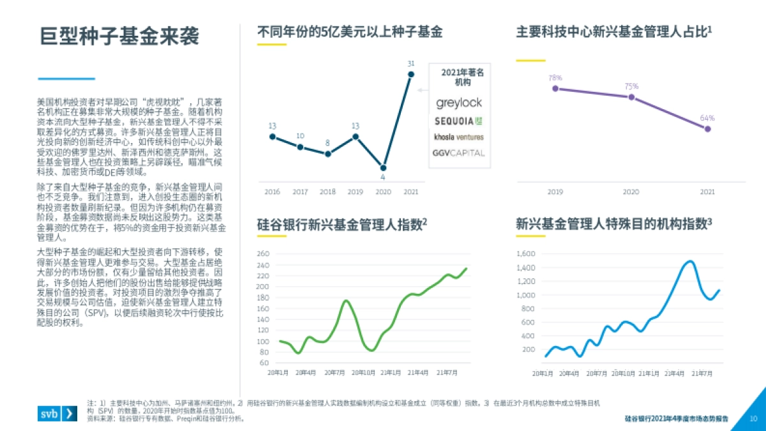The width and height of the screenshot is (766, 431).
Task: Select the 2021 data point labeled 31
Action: (411, 74)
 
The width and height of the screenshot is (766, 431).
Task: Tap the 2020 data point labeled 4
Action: (383, 167)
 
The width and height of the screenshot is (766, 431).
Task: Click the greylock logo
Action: (459, 103)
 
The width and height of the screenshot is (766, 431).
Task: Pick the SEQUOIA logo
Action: (459, 121)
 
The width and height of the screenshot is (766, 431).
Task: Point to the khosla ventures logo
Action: (459, 137)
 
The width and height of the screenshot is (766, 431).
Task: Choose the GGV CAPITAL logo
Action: (459, 153)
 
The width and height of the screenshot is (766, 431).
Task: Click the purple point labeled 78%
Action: (555, 89)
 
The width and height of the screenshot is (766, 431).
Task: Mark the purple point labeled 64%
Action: (707, 129)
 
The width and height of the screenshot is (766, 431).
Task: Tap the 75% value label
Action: (631, 86)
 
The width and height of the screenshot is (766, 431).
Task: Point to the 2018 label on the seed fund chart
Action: (327, 192)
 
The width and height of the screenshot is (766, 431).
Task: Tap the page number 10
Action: (753, 419)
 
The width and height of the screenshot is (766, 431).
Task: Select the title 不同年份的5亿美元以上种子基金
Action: (350, 32)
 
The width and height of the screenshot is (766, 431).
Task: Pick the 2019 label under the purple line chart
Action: (555, 192)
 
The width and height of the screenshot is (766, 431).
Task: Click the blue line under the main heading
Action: (66, 79)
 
